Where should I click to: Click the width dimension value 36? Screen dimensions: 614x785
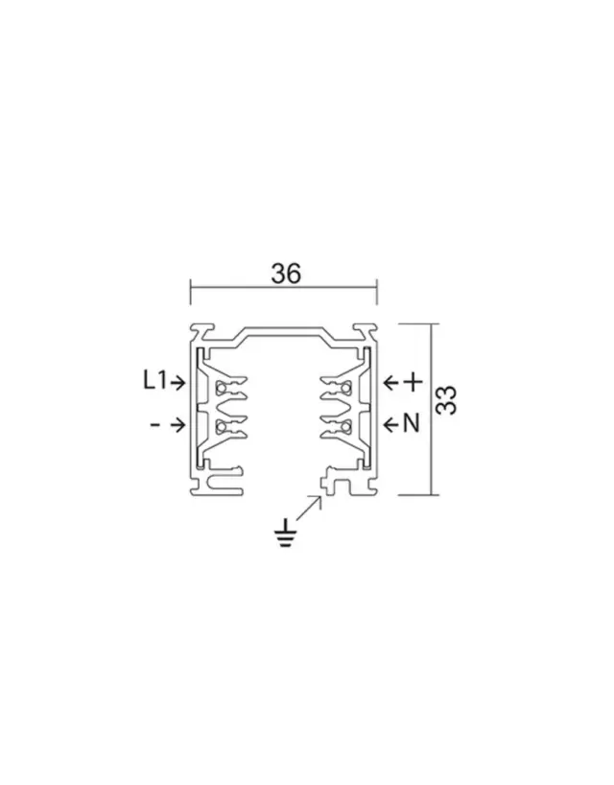tap(286, 274)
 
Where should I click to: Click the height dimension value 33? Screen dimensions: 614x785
tap(446, 400)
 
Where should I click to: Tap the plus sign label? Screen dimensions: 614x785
tap(413, 383)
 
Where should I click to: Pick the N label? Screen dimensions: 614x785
tap(411, 423)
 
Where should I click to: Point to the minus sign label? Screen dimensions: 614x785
tap(155, 425)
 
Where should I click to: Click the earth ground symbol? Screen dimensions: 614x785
tap(286, 534)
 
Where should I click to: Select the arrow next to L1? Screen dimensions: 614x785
tap(177, 383)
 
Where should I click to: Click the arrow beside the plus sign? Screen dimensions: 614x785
tap(390, 383)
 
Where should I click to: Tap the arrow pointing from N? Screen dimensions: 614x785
tap(390, 425)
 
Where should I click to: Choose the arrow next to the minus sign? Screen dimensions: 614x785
tap(177, 425)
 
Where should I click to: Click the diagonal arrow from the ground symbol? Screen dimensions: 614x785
tap(309, 508)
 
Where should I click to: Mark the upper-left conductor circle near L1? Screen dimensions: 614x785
tap(221, 388)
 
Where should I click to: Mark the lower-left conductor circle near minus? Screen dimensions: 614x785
tap(221, 426)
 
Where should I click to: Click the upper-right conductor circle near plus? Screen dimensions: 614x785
tap(345, 388)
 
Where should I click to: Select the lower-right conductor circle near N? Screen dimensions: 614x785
tap(345, 426)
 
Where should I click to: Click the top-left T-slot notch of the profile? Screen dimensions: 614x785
tap(202, 330)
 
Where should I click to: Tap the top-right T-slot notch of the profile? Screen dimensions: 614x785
tap(364, 330)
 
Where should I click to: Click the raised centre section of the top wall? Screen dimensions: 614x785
tap(283, 331)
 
